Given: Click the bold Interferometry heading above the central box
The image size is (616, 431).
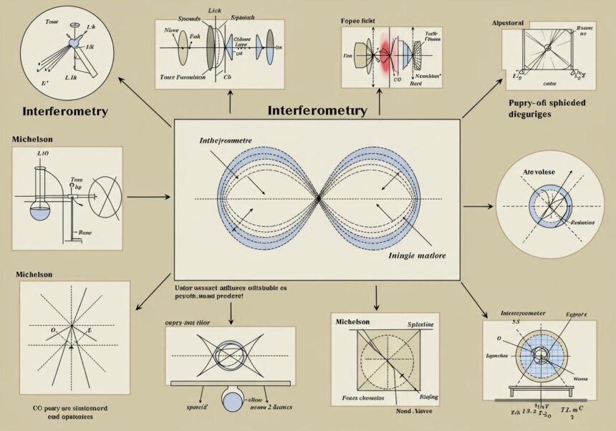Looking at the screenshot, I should tap(317, 111).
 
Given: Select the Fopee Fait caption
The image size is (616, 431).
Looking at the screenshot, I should tap(359, 22).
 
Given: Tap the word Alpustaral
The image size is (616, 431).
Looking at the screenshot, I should tap(508, 23).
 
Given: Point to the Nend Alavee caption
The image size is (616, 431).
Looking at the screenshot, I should tap(395, 412).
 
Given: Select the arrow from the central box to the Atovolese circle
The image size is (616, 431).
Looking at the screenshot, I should tap(478, 206).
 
